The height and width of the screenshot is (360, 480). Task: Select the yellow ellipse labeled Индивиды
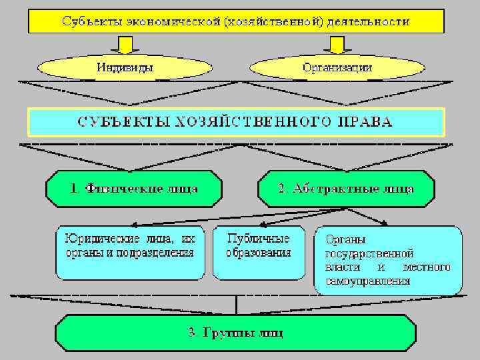[x=125, y=67]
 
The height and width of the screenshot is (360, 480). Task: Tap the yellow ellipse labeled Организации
[x=337, y=67]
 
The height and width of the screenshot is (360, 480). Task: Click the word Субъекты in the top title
[x=91, y=21]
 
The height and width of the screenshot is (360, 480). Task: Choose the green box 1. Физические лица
[x=134, y=189]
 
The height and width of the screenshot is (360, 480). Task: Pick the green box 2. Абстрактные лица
[x=346, y=189]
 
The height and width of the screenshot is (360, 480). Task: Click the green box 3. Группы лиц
[x=235, y=333]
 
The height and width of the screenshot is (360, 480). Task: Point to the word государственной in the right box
[x=369, y=253]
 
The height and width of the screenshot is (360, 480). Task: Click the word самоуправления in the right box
[x=367, y=281]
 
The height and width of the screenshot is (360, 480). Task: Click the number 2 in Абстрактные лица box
[x=281, y=189]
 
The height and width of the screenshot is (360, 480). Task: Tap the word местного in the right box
[x=427, y=267]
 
